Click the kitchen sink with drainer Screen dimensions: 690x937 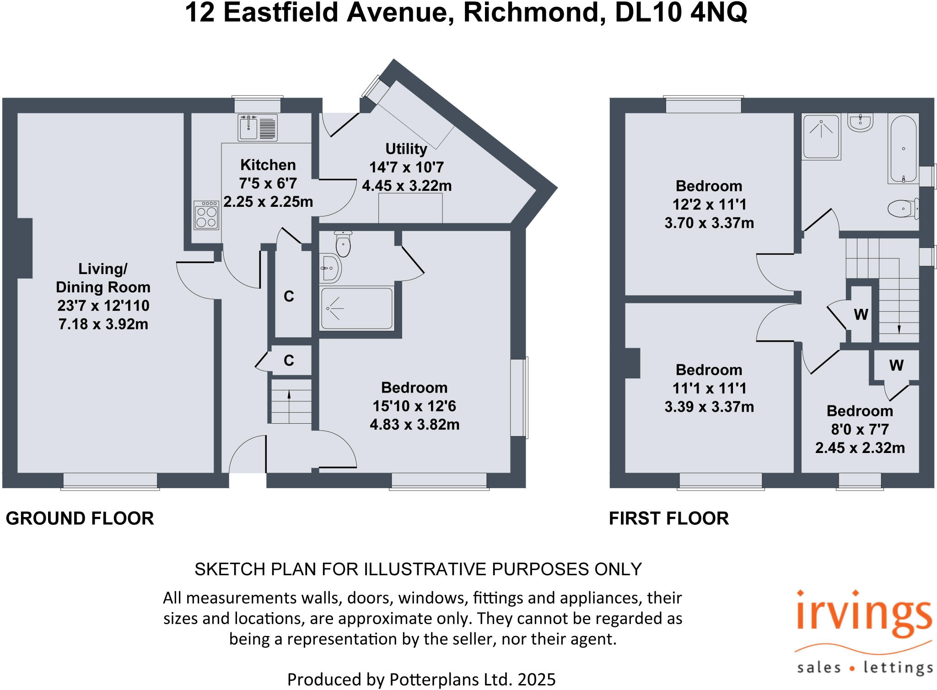(258, 127)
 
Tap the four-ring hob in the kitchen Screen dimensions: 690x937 (206, 216)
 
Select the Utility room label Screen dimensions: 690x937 (406, 149)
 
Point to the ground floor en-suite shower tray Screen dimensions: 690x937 (356, 308)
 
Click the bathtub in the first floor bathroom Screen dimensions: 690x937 (903, 149)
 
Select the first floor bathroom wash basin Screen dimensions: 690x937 (861, 123)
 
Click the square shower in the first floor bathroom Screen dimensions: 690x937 (821, 136)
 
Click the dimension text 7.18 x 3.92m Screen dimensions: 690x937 (103, 324)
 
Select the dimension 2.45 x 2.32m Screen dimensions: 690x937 (860, 448)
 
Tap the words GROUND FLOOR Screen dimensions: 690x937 (80, 518)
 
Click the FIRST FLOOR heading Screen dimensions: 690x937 (668, 518)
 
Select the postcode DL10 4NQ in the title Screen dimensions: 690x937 (681, 13)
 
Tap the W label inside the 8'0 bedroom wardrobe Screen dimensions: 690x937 (896, 365)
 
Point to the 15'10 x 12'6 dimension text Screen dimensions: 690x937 (414, 406)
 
